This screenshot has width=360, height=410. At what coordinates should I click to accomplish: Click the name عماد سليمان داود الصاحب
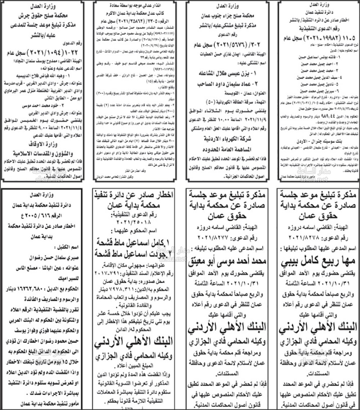click(x=222, y=84)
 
